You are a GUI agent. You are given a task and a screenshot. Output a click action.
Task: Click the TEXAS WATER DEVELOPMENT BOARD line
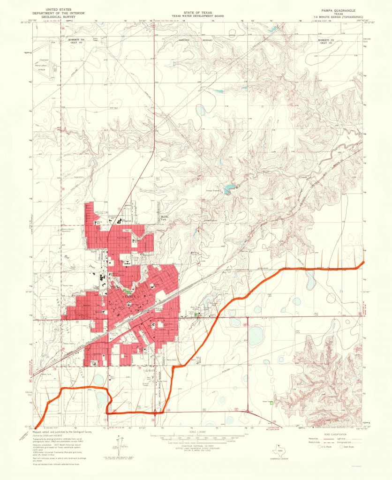coord(196,15)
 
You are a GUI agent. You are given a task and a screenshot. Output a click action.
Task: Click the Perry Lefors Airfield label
coord(44,67)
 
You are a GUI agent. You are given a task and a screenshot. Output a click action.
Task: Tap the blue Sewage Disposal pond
coord(228,189)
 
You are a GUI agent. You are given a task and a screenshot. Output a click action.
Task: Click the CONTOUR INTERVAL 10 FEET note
coord(196,446)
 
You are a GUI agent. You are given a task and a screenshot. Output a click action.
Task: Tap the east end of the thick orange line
coord(364,262)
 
